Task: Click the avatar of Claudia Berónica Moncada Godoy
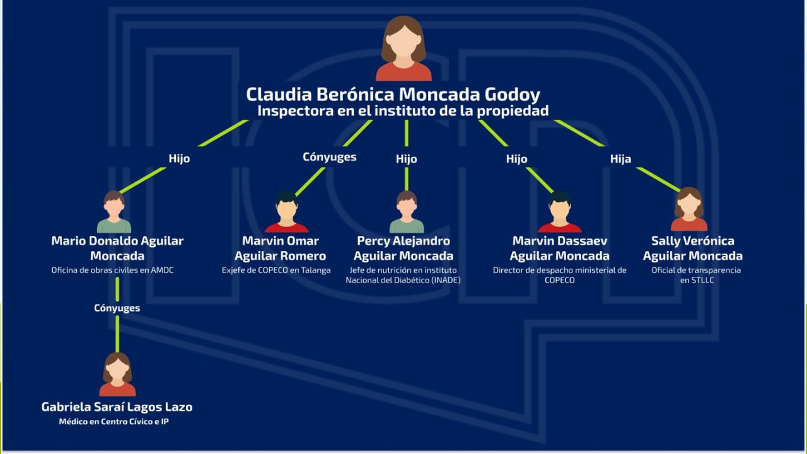[403, 49]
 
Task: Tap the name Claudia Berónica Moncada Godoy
[393, 95]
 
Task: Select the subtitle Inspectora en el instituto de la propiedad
[403, 111]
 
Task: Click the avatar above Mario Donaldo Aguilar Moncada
[114, 212]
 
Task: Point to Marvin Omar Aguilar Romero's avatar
[286, 212]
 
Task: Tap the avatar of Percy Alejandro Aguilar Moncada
[407, 212]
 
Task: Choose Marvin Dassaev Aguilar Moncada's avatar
[559, 212]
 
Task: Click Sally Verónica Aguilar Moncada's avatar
[688, 209]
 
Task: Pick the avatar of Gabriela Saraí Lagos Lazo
[117, 375]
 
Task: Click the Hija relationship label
[620, 159]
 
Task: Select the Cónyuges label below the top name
[329, 157]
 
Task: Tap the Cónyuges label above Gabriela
[117, 308]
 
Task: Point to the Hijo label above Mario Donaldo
[179, 159]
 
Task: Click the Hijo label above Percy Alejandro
[406, 159]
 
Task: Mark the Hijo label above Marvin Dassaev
[516, 159]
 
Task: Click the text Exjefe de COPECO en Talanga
[276, 271]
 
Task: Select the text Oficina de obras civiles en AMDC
[112, 271]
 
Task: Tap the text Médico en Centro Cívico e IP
[113, 422]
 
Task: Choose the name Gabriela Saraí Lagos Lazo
[117, 407]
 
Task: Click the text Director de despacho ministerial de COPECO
[559, 275]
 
